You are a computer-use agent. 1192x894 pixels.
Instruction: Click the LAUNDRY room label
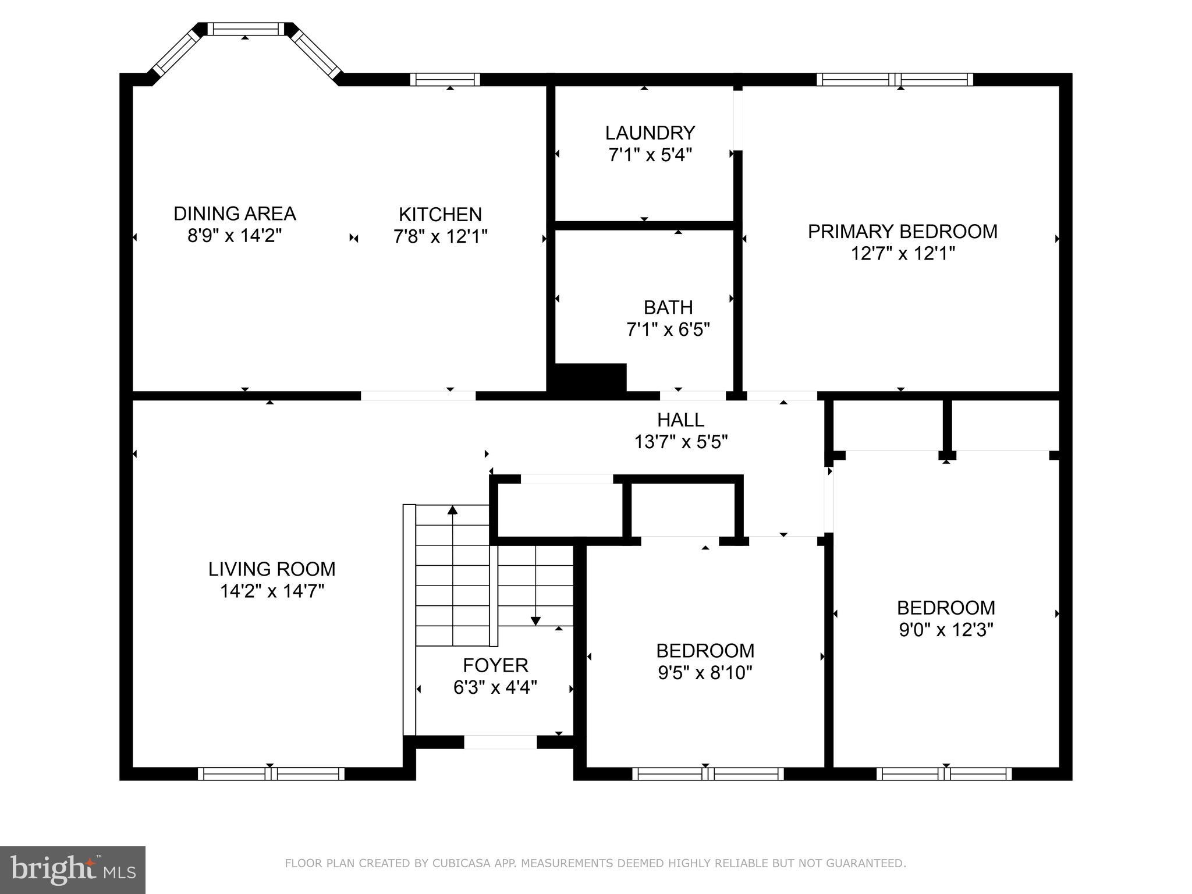pyautogui.click(x=650, y=133)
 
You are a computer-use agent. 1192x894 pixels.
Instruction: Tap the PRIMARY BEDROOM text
pyautogui.click(x=902, y=232)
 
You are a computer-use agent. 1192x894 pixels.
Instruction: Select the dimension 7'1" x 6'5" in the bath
pyautogui.click(x=668, y=330)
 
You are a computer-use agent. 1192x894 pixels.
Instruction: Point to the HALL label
pyautogui.click(x=680, y=420)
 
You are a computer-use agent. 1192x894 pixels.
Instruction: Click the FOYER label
pyautogui.click(x=495, y=665)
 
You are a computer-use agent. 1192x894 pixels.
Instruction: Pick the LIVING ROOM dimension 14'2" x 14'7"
pyautogui.click(x=272, y=591)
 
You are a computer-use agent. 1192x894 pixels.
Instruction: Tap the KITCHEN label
pyautogui.click(x=440, y=215)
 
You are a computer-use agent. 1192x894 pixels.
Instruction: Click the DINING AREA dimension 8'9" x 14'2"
pyautogui.click(x=235, y=236)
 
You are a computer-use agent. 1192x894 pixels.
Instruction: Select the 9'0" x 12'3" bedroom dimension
pyautogui.click(x=946, y=630)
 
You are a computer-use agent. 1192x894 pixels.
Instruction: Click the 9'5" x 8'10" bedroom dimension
pyautogui.click(x=705, y=673)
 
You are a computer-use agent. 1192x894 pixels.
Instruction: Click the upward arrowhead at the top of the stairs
pyautogui.click(x=452, y=510)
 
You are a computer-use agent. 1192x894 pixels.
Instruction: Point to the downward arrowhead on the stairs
pyautogui.click(x=535, y=620)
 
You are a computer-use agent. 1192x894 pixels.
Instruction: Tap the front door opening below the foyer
pyautogui.click(x=500, y=742)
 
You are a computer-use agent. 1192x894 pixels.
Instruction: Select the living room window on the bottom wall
pyautogui.click(x=271, y=774)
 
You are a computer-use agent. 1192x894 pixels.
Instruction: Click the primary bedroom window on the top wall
pyautogui.click(x=895, y=80)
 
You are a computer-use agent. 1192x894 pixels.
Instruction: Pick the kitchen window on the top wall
pyautogui.click(x=445, y=80)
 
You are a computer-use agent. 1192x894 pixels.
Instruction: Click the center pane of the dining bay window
pyautogui.click(x=246, y=29)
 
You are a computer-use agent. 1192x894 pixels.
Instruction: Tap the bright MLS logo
pyautogui.click(x=73, y=870)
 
